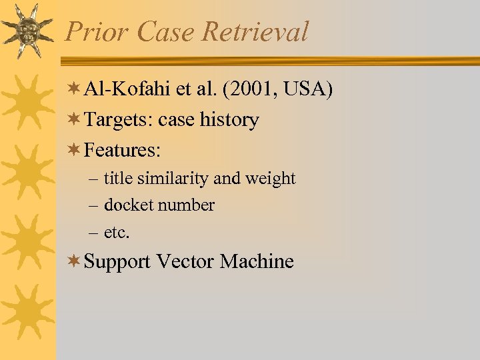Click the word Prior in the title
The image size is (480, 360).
click(x=93, y=31)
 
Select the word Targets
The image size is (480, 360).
click(x=119, y=120)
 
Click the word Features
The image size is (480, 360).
click(x=122, y=151)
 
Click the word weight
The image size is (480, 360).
click(x=271, y=179)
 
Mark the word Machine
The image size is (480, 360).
click(x=257, y=261)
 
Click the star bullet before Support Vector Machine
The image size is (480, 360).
click(x=76, y=261)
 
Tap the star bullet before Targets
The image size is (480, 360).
click(x=76, y=120)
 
